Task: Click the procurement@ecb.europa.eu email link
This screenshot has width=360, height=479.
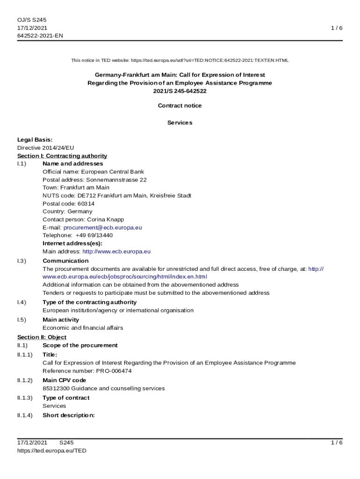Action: (x=102, y=227)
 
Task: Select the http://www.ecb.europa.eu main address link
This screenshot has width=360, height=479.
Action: (x=116, y=251)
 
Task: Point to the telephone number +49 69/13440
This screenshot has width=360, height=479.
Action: (x=94, y=235)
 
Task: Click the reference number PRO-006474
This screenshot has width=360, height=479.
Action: (x=114, y=371)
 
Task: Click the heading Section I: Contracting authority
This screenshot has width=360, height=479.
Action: (x=62, y=156)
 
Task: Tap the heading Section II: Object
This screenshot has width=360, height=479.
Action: (x=42, y=337)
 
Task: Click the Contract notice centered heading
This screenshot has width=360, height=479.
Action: (x=180, y=106)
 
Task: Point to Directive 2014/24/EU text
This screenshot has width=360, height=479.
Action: (x=45, y=148)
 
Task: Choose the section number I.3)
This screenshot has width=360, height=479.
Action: (x=22, y=261)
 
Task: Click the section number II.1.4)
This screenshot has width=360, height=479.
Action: (x=25, y=415)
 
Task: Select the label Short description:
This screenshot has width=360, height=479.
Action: (x=69, y=415)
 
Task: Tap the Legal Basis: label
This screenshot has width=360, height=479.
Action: (x=35, y=139)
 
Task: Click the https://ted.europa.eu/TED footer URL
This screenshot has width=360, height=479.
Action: (x=51, y=451)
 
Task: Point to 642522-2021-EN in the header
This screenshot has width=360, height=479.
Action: (x=40, y=36)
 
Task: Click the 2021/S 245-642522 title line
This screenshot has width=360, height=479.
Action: (x=180, y=91)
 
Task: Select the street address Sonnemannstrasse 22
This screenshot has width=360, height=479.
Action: (x=116, y=180)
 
